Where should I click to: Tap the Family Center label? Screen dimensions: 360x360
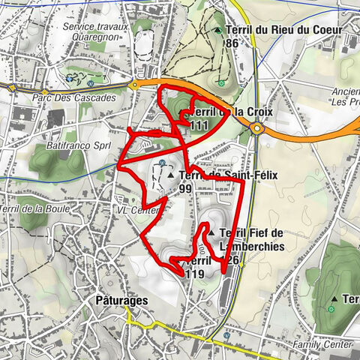click(x=322, y=344)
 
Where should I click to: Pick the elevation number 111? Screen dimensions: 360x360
click(x=199, y=125)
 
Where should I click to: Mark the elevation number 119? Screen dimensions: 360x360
click(x=194, y=274)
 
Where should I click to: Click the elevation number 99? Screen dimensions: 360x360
click(x=186, y=190)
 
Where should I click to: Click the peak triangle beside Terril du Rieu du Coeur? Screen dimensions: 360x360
click(x=217, y=30)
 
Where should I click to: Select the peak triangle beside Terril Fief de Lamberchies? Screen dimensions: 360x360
click(x=213, y=233)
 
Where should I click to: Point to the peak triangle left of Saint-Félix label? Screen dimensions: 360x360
click(x=171, y=175)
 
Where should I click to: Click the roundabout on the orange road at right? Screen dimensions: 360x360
click(x=257, y=127)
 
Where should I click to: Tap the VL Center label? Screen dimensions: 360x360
click(x=136, y=211)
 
